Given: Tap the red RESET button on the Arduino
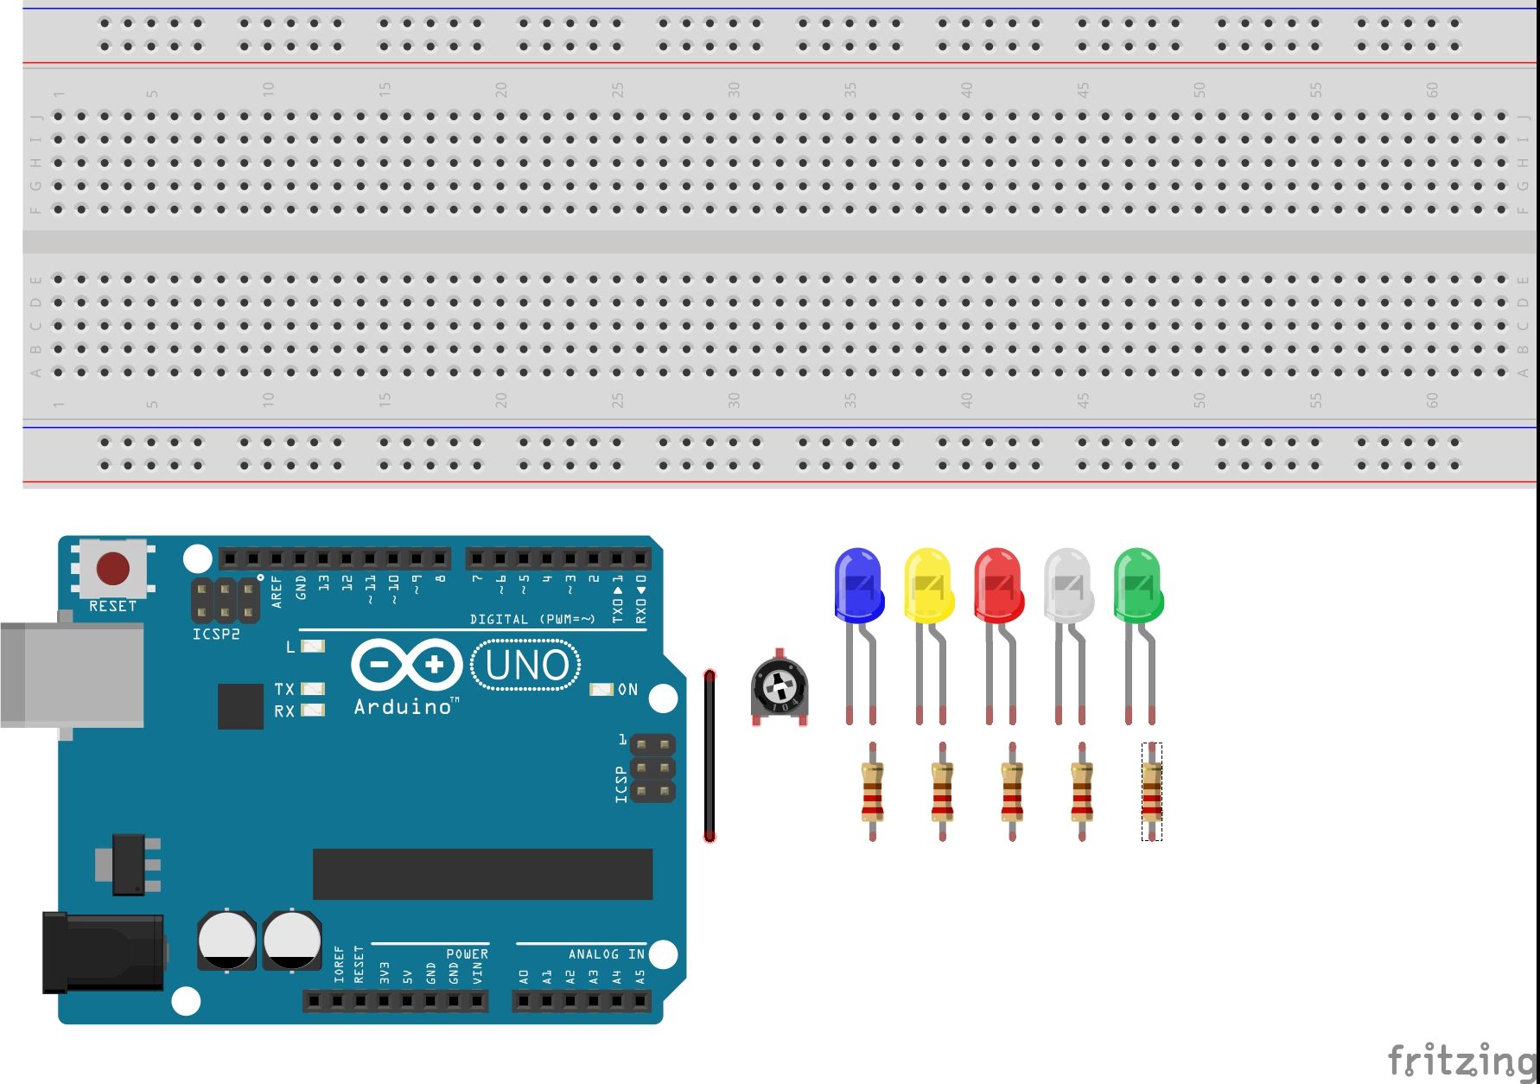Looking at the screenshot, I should coord(113,570).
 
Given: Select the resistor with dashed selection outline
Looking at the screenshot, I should coord(1151,791).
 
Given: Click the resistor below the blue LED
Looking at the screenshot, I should coord(872,791).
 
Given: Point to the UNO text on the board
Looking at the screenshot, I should coord(526,665).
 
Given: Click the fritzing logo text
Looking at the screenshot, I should coord(1460,1060).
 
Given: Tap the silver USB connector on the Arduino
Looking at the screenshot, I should coord(73,675).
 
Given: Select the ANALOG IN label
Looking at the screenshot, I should coord(606,953).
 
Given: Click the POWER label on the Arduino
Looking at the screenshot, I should coord(467,953).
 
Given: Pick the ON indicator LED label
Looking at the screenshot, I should coord(628,689).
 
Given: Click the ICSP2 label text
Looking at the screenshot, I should coord(216,634).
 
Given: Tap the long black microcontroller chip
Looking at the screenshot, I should coord(482,874).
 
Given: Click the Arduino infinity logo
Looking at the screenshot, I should coord(406,665).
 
